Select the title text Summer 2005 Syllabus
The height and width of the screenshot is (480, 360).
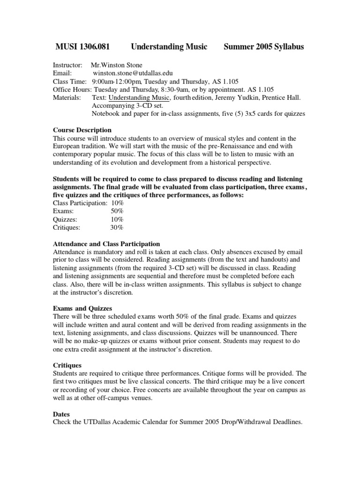264,46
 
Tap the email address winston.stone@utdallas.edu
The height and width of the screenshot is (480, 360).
133,73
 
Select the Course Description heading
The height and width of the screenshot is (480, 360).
82,130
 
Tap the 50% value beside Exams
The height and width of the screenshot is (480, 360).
117,211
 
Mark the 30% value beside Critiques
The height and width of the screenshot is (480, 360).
117,227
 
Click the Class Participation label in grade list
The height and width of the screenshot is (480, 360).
80,203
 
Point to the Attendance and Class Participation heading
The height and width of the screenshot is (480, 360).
106,244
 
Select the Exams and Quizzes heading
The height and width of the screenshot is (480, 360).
82,308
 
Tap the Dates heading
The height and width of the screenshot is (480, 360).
61,414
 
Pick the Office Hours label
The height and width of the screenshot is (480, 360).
72,90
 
